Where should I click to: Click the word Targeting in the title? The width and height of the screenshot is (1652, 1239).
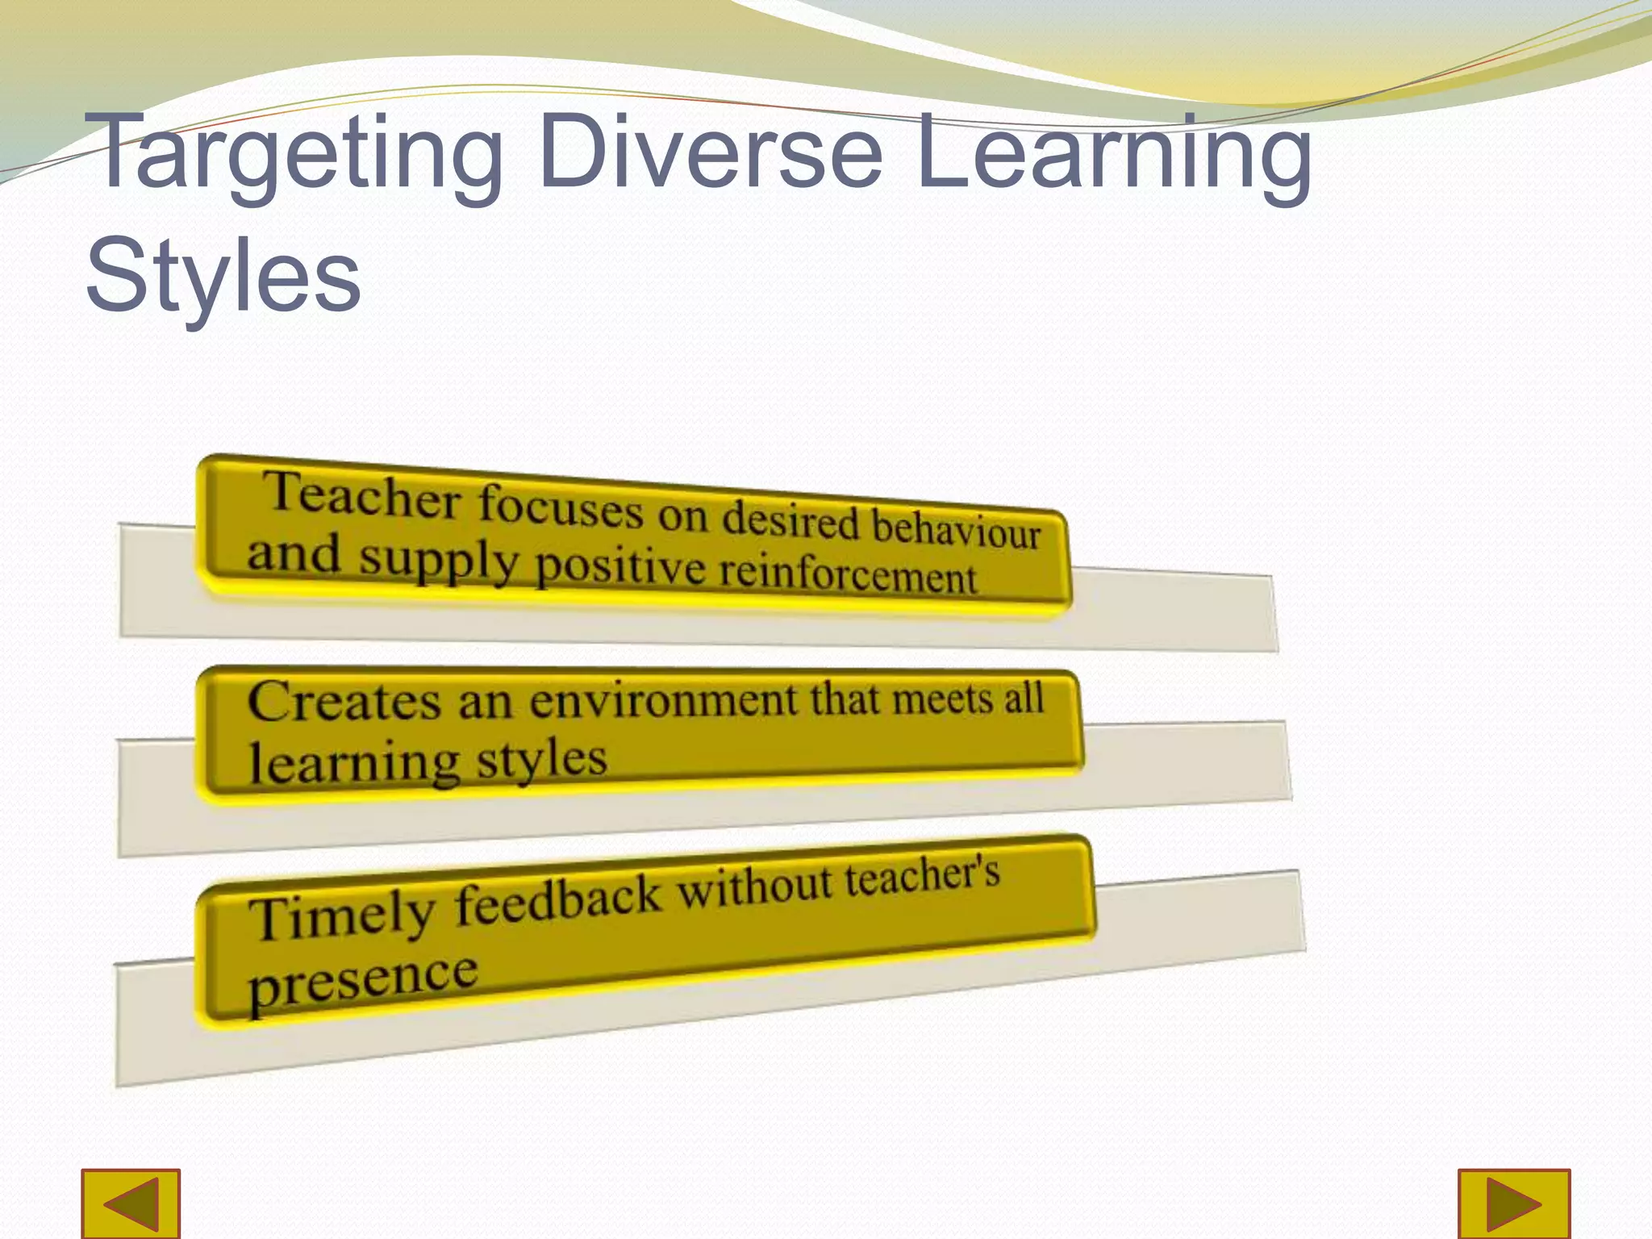(294, 153)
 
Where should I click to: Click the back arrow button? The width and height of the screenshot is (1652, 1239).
(131, 1204)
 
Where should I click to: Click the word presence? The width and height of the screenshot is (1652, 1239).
(363, 979)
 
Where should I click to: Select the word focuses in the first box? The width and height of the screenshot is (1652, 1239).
(561, 506)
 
